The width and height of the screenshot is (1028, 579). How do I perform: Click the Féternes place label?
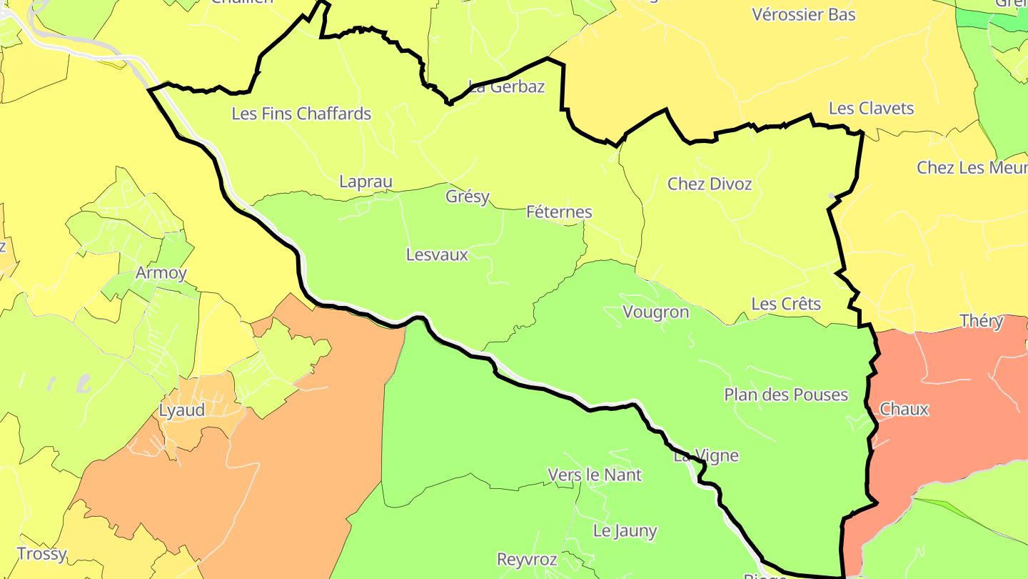pyautogui.click(x=559, y=212)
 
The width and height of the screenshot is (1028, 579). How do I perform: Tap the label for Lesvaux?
pyautogui.click(x=437, y=254)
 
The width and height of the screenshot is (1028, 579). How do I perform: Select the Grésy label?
pyautogui.click(x=468, y=196)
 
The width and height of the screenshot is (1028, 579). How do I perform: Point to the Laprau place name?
pyautogui.click(x=366, y=182)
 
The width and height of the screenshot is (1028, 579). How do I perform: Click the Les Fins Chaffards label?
pyautogui.click(x=301, y=114)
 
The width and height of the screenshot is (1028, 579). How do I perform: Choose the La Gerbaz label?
pyautogui.click(x=507, y=87)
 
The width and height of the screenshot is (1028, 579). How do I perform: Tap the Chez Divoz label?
pyautogui.click(x=710, y=184)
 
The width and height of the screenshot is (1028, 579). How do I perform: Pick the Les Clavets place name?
pyautogui.click(x=871, y=109)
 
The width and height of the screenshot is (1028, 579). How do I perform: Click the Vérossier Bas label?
pyautogui.click(x=804, y=14)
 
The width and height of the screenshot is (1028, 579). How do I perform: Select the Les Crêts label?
pyautogui.click(x=786, y=304)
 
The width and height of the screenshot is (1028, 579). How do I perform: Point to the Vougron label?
pyautogui.click(x=656, y=312)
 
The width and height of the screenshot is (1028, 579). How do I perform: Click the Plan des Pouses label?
pyautogui.click(x=786, y=395)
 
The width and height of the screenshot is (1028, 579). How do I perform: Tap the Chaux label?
pyautogui.click(x=904, y=410)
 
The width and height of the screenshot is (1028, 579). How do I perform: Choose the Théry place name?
pyautogui.click(x=982, y=322)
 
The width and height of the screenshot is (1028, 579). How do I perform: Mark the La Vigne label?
pyautogui.click(x=706, y=456)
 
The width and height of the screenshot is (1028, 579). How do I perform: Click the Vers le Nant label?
pyautogui.click(x=595, y=475)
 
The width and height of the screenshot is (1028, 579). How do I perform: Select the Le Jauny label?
pyautogui.click(x=625, y=531)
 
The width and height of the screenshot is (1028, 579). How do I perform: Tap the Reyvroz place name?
pyautogui.click(x=527, y=559)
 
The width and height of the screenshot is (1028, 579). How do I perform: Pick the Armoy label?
pyautogui.click(x=161, y=273)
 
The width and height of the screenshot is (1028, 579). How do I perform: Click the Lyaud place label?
pyautogui.click(x=181, y=410)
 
